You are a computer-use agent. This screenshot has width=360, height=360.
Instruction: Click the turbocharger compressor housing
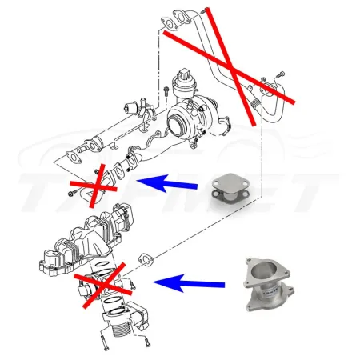click(185, 120)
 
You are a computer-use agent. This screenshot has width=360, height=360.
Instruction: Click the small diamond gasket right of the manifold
click(146, 258)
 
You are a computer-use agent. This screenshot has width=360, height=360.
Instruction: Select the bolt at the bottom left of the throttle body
click(104, 344)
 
